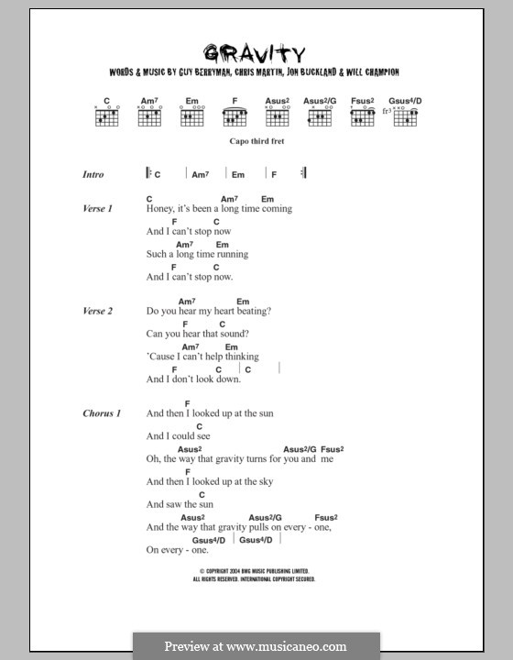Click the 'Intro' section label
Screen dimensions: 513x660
point(93,174)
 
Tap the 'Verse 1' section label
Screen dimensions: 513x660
point(97,209)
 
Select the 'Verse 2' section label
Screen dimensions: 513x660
point(97,312)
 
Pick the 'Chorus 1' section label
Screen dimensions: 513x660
point(101,413)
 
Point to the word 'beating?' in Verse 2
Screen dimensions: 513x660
point(252,312)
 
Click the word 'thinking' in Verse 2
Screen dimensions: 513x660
point(240,357)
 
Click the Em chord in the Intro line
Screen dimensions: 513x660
point(237,174)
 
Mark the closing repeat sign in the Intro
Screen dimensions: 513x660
point(303,173)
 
